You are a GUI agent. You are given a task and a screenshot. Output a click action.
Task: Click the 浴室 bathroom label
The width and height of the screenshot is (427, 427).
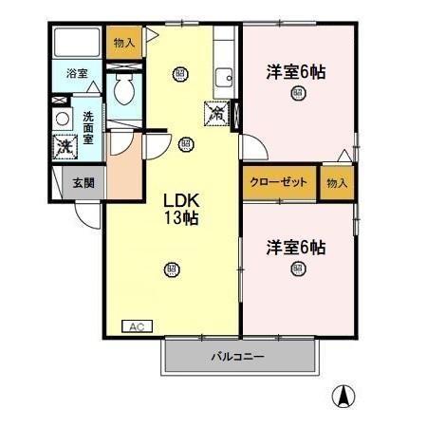click(x=76, y=73)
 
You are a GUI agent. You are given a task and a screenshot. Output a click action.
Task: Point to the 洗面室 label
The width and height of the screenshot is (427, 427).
click(x=88, y=127)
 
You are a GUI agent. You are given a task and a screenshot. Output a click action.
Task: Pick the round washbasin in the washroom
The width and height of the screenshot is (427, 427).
click(x=63, y=119)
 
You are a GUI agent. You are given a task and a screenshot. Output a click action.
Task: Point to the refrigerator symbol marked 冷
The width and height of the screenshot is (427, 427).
click(x=216, y=113)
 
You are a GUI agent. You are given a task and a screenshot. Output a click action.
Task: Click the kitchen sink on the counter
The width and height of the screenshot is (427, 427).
click(x=224, y=79)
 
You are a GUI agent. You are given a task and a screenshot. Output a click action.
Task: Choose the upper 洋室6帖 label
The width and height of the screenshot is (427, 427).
click(x=296, y=70)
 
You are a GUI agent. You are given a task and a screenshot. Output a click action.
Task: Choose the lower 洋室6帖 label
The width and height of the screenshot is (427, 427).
click(x=296, y=247)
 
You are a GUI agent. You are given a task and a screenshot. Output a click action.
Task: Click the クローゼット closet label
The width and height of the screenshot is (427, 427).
click(x=279, y=182)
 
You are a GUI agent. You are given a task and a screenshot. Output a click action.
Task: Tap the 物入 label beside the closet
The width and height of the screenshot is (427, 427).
click(x=336, y=182)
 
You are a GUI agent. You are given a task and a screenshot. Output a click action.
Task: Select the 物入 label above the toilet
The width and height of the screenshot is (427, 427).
click(x=124, y=43)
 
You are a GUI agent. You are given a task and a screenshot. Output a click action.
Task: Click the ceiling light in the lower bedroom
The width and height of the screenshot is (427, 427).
click(x=297, y=269)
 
